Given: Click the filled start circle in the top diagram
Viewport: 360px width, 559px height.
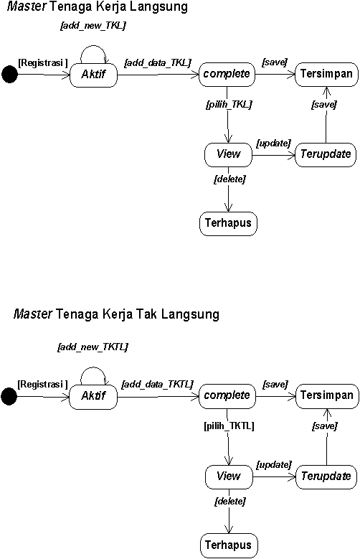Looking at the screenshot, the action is point(9,75).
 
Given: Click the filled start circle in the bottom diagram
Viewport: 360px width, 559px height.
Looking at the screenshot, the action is point(9,396).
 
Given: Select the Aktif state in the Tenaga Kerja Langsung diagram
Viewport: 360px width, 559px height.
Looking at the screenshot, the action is point(93,75).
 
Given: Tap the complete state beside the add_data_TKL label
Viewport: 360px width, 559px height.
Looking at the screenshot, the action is point(227,75).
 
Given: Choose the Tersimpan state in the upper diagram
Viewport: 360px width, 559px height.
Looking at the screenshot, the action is point(326,74).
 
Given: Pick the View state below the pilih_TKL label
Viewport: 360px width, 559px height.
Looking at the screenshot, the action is point(228,155).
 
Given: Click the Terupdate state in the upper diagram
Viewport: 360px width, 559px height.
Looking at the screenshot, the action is point(326,155).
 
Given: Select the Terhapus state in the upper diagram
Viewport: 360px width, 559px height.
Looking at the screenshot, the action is point(228,224).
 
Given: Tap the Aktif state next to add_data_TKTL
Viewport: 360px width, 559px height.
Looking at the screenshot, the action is point(93,397).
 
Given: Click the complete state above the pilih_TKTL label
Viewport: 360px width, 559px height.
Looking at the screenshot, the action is point(227,396).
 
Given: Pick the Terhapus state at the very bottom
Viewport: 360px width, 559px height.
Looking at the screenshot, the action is point(229,545).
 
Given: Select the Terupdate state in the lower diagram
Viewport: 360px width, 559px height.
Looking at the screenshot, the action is point(326,477).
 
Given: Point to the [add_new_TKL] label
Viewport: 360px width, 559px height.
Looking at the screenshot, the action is point(93,26).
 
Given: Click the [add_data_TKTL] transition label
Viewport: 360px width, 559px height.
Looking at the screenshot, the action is point(157,385).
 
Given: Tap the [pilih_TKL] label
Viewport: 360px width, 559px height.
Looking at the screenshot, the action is point(229,105).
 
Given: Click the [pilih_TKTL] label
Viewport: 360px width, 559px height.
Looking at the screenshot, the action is point(229,426).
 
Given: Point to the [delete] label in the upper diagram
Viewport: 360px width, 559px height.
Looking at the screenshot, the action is point(229,179).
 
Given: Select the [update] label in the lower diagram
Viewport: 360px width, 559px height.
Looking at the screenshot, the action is point(274,465).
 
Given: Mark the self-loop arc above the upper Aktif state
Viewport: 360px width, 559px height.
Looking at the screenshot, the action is point(93,46).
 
